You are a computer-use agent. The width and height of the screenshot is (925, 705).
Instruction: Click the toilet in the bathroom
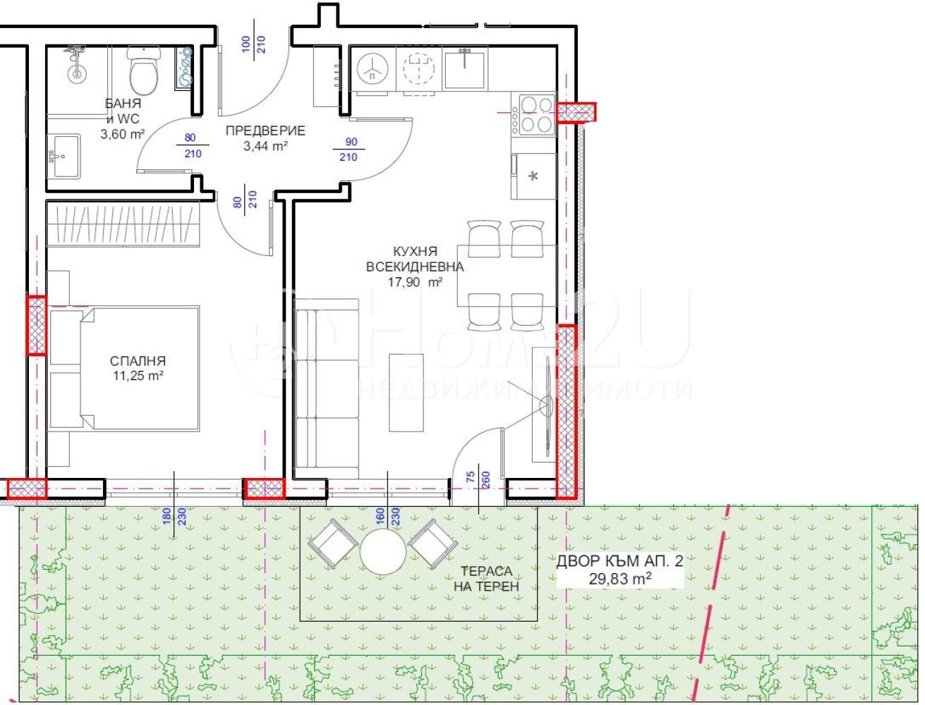click(145, 70)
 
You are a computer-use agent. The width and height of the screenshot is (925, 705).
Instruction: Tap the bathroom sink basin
click(66, 156)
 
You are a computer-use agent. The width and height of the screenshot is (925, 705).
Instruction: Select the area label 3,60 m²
click(123, 134)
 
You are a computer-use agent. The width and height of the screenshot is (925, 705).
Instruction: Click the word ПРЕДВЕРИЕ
click(265, 130)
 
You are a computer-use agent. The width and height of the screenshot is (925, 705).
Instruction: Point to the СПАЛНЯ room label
click(138, 361)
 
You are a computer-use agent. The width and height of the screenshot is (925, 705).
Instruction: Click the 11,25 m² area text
click(138, 376)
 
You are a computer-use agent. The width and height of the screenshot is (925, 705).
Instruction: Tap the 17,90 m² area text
click(415, 282)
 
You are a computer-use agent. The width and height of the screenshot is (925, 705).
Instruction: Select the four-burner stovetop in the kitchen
click(534, 114)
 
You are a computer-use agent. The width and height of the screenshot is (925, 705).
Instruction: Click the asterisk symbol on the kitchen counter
click(533, 176)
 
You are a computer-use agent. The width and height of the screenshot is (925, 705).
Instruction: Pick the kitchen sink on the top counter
click(465, 68)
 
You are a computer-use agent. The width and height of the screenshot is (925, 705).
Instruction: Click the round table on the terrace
click(382, 552)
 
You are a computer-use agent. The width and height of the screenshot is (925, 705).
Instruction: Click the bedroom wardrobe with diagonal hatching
click(123, 224)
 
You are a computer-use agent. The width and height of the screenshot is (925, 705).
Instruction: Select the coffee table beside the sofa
click(406, 393)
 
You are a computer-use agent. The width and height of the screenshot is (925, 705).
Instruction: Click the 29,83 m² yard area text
click(620, 579)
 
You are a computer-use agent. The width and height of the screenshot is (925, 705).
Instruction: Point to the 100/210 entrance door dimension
click(253, 44)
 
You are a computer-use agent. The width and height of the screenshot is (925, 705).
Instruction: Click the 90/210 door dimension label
click(349, 149)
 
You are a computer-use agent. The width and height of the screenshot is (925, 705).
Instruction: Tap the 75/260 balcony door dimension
click(478, 479)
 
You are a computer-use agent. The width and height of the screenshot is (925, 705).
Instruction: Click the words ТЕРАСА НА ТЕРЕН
click(486, 579)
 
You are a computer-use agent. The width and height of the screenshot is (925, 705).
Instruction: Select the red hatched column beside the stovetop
click(576, 112)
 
